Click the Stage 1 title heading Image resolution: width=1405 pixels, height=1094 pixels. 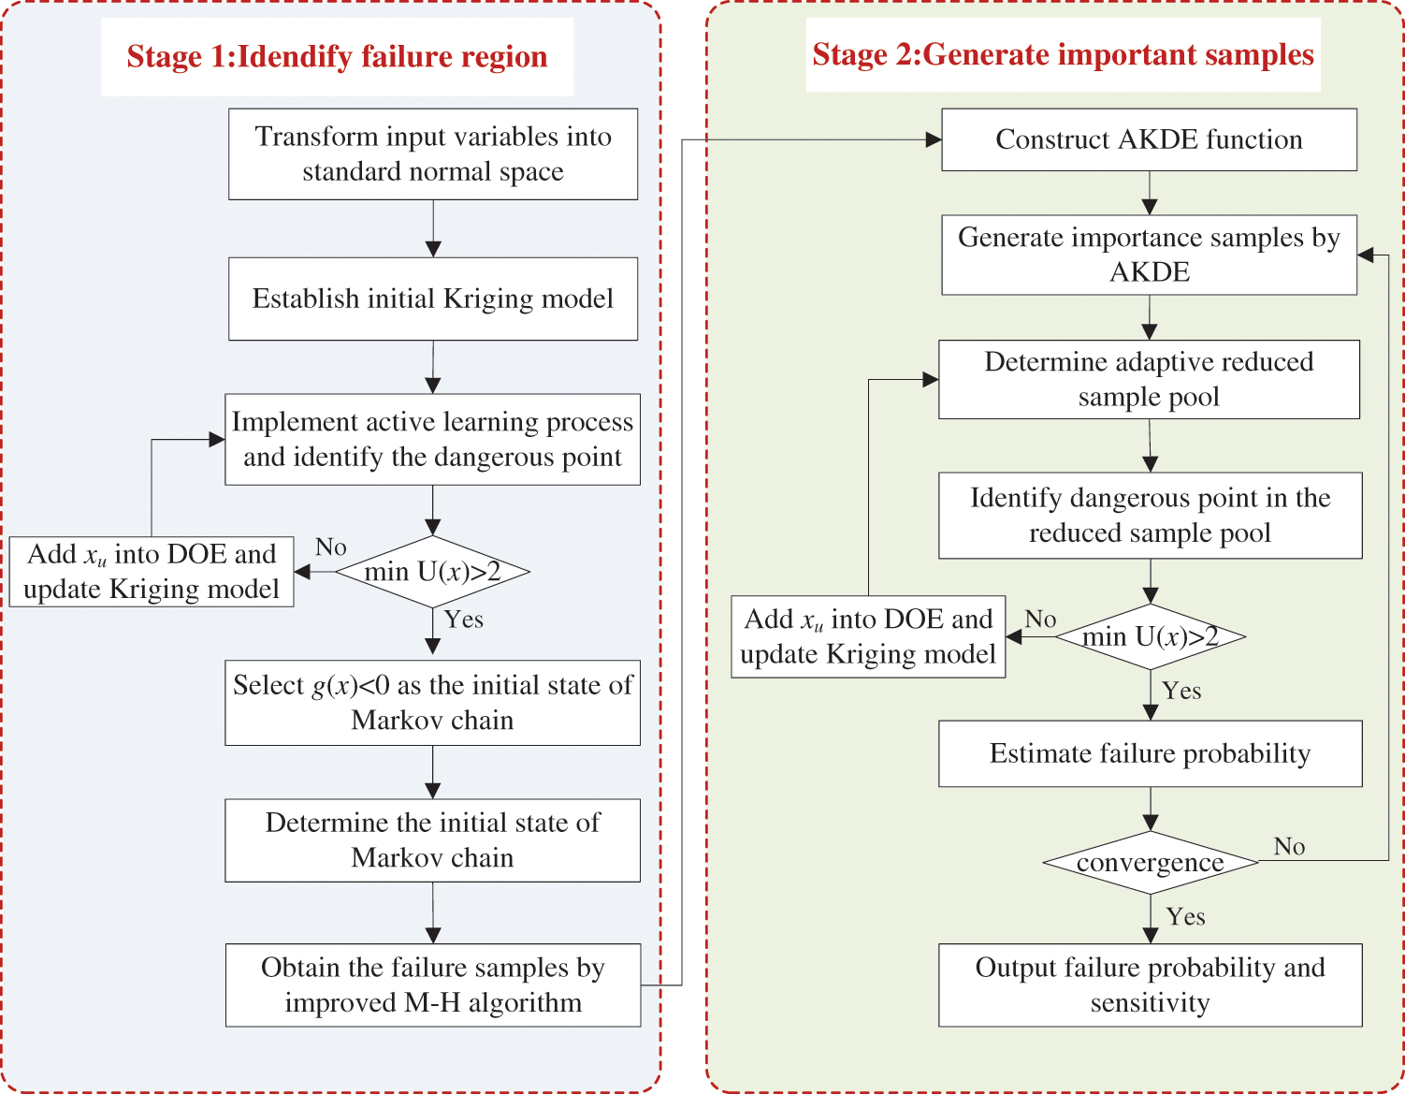click(337, 57)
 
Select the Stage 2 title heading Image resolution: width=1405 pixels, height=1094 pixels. click(1063, 55)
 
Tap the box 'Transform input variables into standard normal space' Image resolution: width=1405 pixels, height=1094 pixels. click(433, 154)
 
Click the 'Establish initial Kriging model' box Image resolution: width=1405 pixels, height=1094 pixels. click(433, 299)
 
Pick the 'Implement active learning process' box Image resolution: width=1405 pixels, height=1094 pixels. click(433, 440)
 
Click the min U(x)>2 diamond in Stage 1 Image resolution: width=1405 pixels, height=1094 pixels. click(432, 572)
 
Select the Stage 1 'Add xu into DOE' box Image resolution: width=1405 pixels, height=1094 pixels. click(152, 572)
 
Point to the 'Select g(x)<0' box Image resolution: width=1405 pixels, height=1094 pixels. click(433, 703)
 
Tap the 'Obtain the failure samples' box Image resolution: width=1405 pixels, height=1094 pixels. click(433, 985)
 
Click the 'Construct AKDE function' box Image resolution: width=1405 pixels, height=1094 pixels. click(1149, 139)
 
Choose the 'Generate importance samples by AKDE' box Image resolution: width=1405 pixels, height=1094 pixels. click(1149, 255)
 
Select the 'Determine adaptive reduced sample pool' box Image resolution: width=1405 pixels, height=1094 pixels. click(1149, 379)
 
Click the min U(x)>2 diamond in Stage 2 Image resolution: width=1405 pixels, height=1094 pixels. click(1151, 637)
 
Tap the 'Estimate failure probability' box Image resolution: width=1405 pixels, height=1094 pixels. click(1151, 753)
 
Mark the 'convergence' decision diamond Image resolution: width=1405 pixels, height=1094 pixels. click(1151, 863)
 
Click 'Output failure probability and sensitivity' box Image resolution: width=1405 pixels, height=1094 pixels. click(1151, 985)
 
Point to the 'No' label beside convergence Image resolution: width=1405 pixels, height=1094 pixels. click(1289, 847)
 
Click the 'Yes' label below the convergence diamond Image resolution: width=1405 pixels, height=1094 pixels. click(1185, 917)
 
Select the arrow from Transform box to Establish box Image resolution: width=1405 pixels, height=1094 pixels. click(433, 228)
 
